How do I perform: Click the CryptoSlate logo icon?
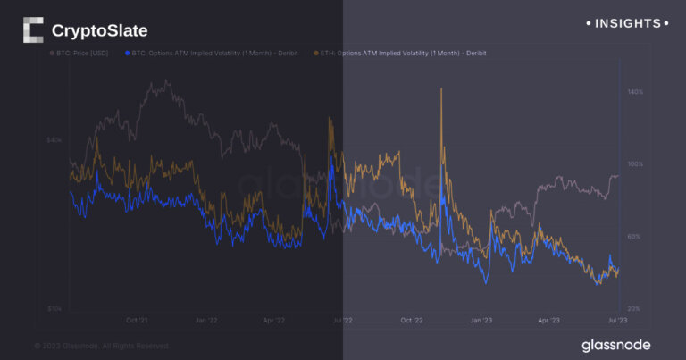[x=33, y=30]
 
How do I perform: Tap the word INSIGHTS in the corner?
[x=629, y=23]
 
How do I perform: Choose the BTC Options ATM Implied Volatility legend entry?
[x=213, y=54]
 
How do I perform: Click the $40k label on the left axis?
[x=54, y=139]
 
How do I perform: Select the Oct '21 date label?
[x=137, y=319]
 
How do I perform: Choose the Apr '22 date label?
[x=275, y=319]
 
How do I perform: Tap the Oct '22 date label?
[x=412, y=319]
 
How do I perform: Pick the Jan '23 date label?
[x=481, y=319]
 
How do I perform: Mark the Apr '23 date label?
[x=548, y=319]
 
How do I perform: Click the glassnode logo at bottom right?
[x=615, y=344]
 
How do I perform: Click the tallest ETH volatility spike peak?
[x=441, y=89]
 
